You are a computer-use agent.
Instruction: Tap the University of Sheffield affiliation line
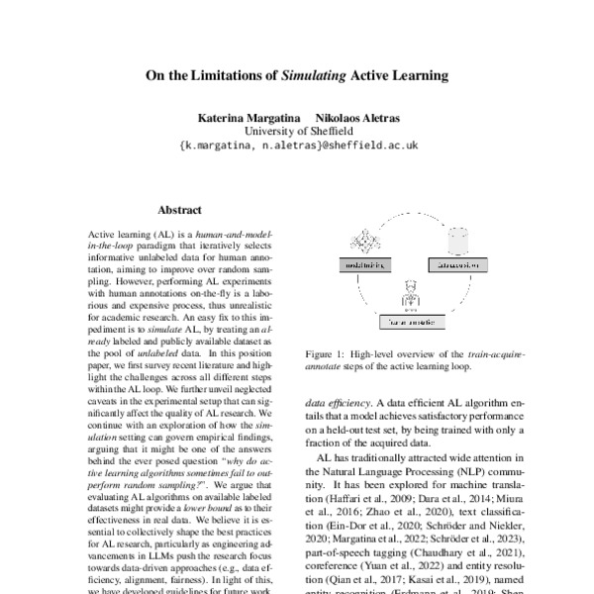coord(297,130)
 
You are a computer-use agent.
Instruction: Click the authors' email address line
coord(297,145)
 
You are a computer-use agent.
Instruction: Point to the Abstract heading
coord(179,210)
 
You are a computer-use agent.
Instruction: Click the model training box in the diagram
coord(367,265)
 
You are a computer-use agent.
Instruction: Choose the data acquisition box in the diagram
coord(456,265)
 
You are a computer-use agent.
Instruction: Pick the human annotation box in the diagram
coord(411,320)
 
